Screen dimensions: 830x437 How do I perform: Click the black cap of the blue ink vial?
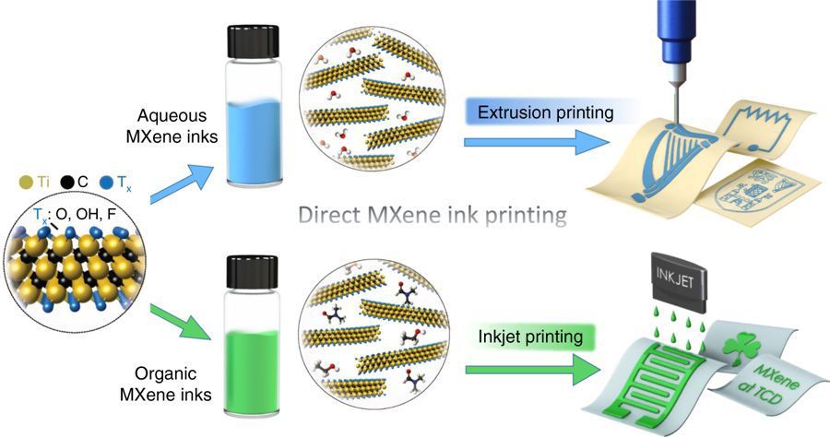tap(253, 41)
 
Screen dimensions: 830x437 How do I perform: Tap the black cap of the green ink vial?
tap(253, 272)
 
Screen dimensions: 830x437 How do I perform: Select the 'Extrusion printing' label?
tap(545, 112)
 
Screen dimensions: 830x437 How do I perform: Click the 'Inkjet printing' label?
tap(530, 337)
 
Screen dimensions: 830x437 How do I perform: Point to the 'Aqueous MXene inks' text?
tap(172, 126)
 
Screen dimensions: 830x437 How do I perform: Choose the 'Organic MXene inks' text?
tap(166, 384)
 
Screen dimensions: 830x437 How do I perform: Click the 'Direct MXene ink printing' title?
tap(433, 216)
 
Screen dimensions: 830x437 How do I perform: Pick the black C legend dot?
tap(66, 183)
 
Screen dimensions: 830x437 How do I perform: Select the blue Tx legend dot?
tap(106, 183)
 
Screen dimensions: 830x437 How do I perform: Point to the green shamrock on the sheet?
tap(741, 348)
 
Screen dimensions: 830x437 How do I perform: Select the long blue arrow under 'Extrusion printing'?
tap(536, 142)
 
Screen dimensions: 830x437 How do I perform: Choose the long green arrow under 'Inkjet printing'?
tap(534, 370)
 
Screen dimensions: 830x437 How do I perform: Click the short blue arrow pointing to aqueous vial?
tap(182, 184)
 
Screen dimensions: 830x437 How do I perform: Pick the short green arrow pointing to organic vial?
tap(181, 322)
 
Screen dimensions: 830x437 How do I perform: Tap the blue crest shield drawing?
tap(758, 188)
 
